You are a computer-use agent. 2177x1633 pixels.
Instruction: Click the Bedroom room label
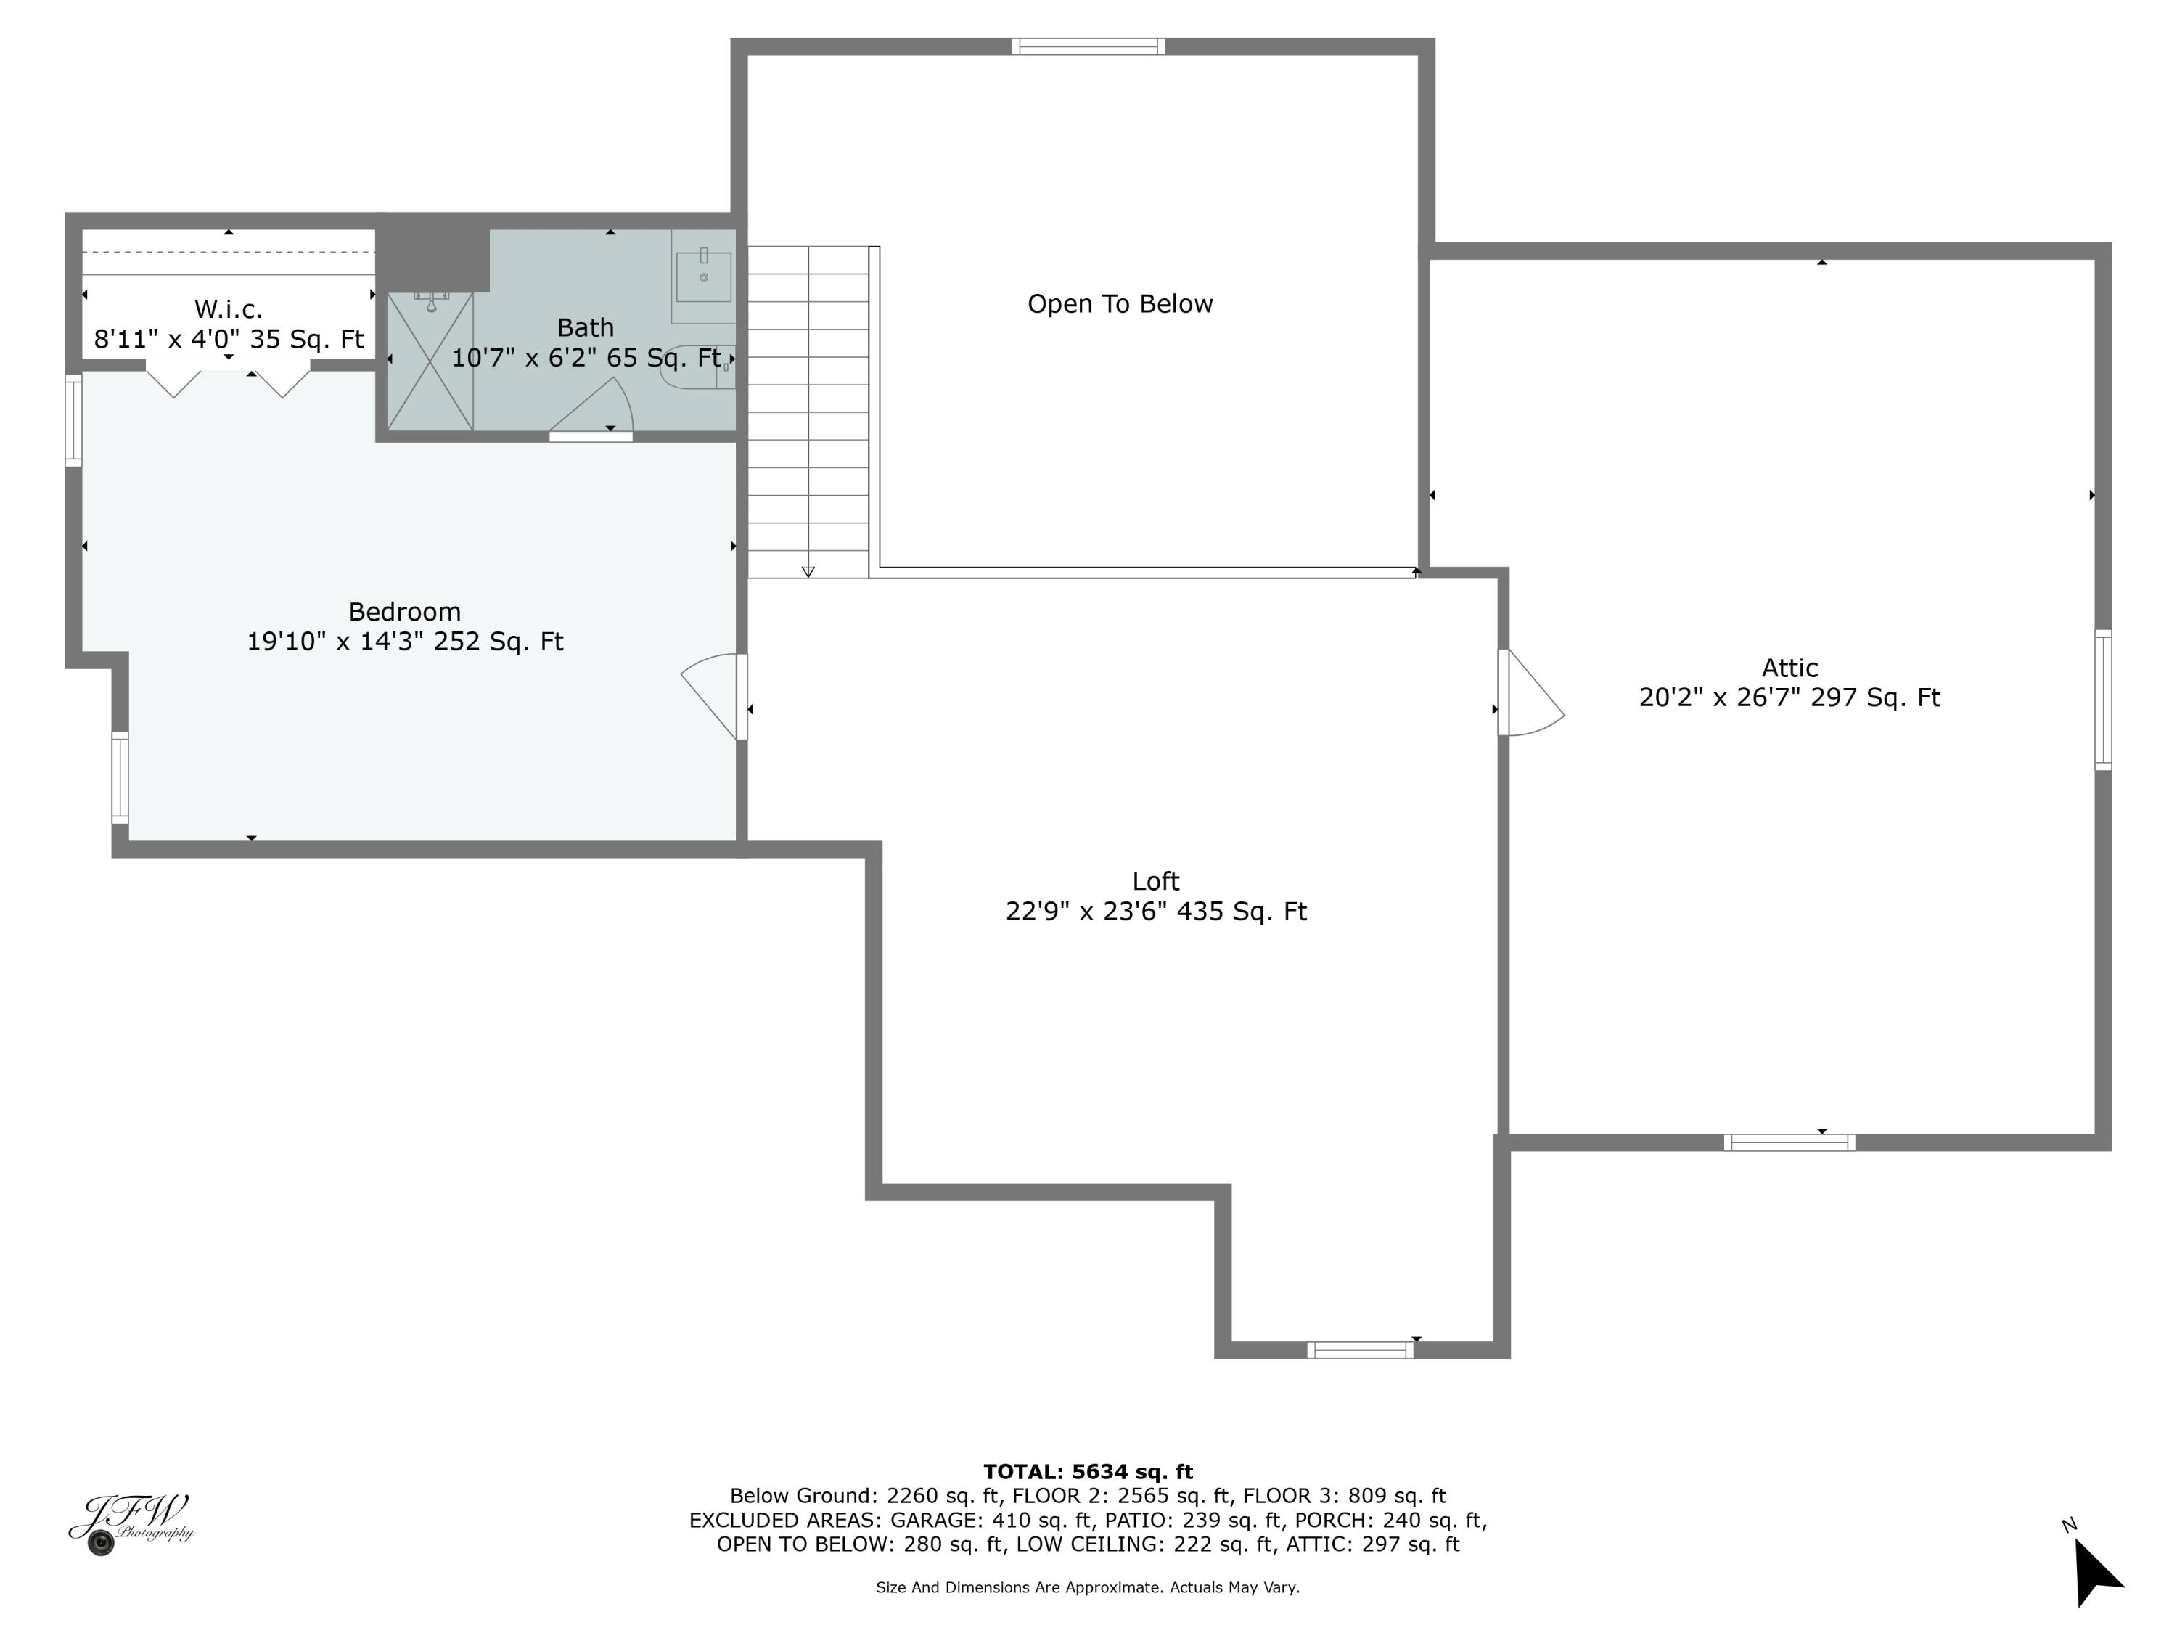coord(404,611)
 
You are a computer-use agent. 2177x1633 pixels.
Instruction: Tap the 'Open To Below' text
coord(1120,304)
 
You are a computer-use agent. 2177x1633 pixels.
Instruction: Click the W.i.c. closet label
coord(229,309)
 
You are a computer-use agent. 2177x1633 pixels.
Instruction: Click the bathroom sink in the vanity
coord(704,277)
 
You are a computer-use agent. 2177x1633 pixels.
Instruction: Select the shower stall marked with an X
coord(430,362)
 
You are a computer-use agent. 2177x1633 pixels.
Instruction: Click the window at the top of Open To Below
coord(1088,46)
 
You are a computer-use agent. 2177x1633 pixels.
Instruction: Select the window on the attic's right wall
coord(2103,700)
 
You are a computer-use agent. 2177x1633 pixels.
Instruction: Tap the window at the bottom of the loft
coord(1360,1349)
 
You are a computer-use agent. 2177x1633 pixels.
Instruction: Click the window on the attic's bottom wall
coord(1789,1142)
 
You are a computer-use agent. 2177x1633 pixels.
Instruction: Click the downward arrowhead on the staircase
coord(808,572)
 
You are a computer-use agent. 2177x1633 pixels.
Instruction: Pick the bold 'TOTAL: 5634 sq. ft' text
coord(1088,1472)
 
